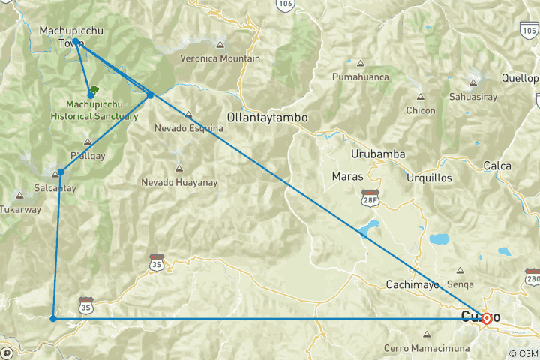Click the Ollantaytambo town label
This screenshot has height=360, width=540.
[x=268, y=118]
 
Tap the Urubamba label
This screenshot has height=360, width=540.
[x=378, y=154]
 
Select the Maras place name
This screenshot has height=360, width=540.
[x=347, y=177]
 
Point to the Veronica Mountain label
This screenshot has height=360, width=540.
[x=220, y=58]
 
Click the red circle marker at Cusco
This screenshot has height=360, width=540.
[x=487, y=318]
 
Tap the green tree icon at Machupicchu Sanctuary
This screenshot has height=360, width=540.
[x=94, y=91]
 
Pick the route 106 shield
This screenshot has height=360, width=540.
[x=284, y=4]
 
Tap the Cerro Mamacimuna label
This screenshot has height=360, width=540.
[x=427, y=348]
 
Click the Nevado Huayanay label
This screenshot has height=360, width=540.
[x=178, y=182]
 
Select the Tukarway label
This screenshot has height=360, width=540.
[x=20, y=209]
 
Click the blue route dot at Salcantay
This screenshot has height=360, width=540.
[x=61, y=172]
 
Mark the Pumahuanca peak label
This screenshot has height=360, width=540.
[x=361, y=76]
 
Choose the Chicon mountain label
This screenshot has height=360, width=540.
[x=420, y=110]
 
